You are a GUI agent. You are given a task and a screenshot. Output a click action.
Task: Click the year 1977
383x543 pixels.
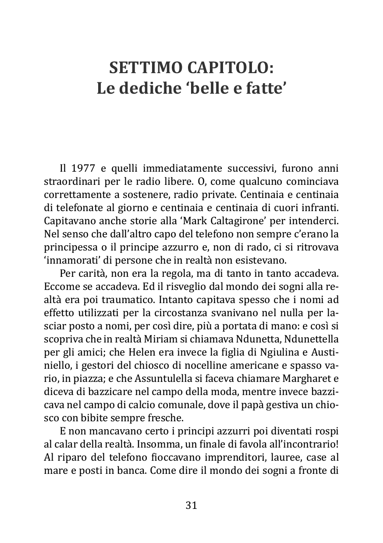(83, 169)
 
